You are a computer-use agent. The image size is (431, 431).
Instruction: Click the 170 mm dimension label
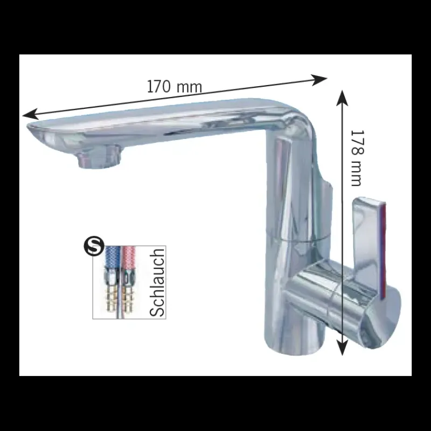coord(175,87)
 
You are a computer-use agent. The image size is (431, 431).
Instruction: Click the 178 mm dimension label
coord(357,158)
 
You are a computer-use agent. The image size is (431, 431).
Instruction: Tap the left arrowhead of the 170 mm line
coord(30,114)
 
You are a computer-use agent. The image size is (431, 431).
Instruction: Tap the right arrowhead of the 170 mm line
coord(319,80)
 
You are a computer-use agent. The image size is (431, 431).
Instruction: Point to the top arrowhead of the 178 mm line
coord(342,98)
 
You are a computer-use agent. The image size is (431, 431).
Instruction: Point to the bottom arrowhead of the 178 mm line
coord(342,347)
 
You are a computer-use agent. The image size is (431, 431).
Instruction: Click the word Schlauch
coord(157,282)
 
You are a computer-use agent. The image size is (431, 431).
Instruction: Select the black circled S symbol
coord(94,247)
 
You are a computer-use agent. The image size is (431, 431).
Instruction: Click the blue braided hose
coord(112,257)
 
